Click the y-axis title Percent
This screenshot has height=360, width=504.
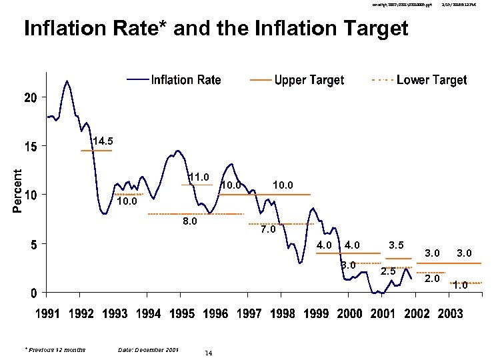pyautogui.click(x=17, y=190)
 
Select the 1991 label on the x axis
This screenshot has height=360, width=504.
pyautogui.click(x=46, y=314)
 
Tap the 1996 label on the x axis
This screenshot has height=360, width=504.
pyautogui.click(x=215, y=314)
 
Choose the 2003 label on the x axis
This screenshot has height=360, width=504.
pyautogui.click(x=450, y=314)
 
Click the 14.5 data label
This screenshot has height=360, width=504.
pyautogui.click(x=103, y=141)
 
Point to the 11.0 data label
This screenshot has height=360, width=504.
pyautogui.click(x=199, y=177)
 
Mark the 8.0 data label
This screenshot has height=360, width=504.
pyautogui.click(x=190, y=222)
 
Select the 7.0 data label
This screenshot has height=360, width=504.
pyautogui.click(x=268, y=229)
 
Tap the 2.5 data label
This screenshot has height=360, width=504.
pyautogui.click(x=389, y=271)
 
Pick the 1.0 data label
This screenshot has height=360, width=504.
pyautogui.click(x=460, y=286)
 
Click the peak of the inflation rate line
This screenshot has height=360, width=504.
pyautogui.click(x=67, y=81)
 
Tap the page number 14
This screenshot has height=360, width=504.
pyautogui.click(x=209, y=353)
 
